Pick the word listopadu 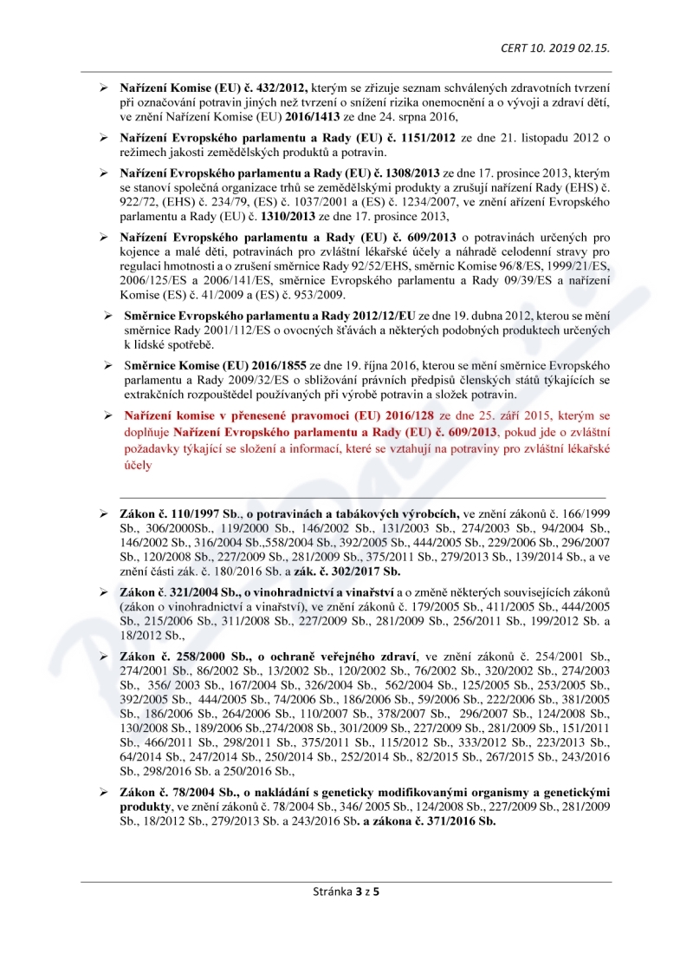[528, 137]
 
